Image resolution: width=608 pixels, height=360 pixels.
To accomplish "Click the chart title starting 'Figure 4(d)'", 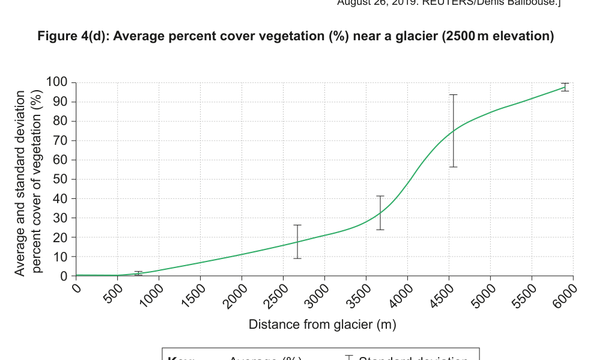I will coord(296,37).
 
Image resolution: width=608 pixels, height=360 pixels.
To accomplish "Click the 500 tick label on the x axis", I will coord(115,290).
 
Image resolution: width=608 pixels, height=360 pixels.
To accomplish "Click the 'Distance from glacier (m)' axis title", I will coord(323,325).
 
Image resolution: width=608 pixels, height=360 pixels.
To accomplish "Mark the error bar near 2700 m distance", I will coord(297,241).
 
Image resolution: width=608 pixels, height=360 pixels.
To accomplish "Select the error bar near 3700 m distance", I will coord(380,213).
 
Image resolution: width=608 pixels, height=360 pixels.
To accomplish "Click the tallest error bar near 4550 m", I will coord(454,130).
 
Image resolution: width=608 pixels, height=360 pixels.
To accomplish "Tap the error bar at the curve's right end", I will coord(565,87).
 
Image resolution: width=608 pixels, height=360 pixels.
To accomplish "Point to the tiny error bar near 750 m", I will coord(138,273).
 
